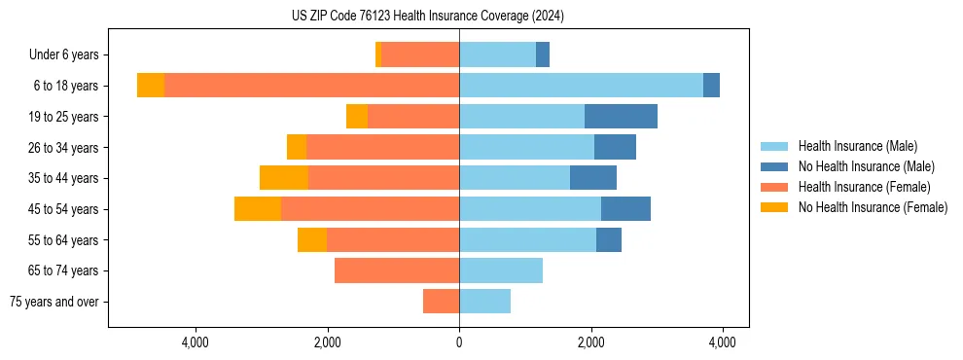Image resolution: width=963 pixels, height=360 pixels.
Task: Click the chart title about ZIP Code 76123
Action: pyautogui.click(x=427, y=17)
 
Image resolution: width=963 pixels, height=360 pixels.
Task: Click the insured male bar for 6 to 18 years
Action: pyautogui.click(x=581, y=86)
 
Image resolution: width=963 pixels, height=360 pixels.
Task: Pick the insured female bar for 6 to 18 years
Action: pyautogui.click(x=311, y=86)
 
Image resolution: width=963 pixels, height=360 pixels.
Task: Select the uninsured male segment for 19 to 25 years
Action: pyautogui.click(x=621, y=117)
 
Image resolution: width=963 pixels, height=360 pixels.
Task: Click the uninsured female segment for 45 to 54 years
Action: pyautogui.click(x=258, y=209)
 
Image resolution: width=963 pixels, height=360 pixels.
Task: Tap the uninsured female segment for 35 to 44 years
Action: pyautogui.click(x=284, y=178)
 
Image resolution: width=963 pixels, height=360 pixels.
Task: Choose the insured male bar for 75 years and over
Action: pyautogui.click(x=484, y=302)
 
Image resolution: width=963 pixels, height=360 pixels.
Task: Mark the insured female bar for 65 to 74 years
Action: pyautogui.click(x=397, y=270)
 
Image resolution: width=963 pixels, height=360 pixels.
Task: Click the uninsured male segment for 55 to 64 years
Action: pyautogui.click(x=609, y=240)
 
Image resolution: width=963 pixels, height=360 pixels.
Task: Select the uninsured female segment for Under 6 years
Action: pyautogui.click(x=378, y=54)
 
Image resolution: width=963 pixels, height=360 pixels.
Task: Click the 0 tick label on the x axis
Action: pyautogui.click(x=459, y=342)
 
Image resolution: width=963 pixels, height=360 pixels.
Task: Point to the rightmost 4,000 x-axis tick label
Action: pyautogui.click(x=723, y=342)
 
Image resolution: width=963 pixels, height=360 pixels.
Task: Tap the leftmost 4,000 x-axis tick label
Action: pyautogui.click(x=196, y=342)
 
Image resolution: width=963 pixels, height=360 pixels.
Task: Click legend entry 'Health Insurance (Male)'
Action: pyautogui.click(x=857, y=146)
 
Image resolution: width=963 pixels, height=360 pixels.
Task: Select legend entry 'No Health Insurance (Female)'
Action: pyautogui.click(x=873, y=207)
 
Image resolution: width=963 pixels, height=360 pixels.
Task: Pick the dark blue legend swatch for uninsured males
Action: pyautogui.click(x=774, y=166)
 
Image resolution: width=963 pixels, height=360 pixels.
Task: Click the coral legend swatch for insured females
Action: pyautogui.click(x=774, y=187)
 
